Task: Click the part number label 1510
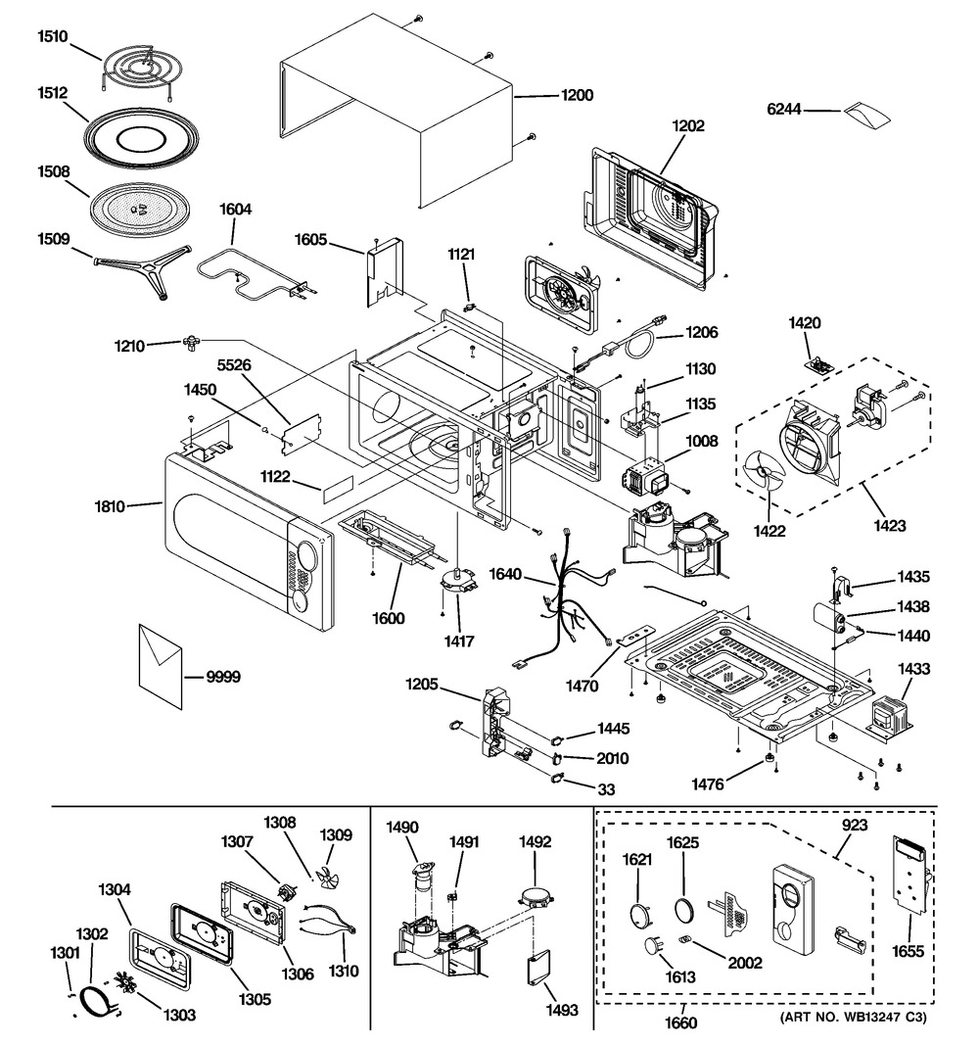point(52,37)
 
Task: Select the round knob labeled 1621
point(640,914)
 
